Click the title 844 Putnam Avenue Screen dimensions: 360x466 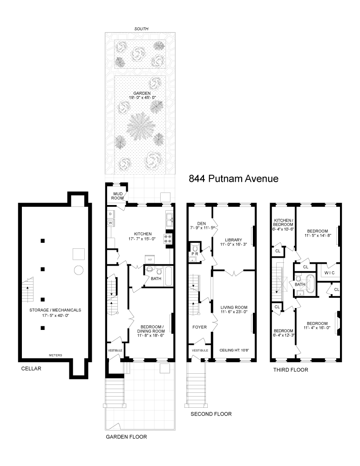pos(233,178)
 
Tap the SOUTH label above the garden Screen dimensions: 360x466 pos(141,29)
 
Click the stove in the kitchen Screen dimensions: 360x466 pos(169,239)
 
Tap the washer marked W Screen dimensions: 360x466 pos(110,223)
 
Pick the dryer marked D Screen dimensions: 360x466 pos(110,214)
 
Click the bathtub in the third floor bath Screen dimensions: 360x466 pos(310,284)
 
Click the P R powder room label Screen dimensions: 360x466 pos(195,254)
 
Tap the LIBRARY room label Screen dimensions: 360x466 pos(234,227)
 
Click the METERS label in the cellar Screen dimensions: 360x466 pos(55,355)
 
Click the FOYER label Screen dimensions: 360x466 pos(199,327)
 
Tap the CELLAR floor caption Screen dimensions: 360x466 pos(31,369)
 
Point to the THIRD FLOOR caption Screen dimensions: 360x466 pos(289,370)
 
